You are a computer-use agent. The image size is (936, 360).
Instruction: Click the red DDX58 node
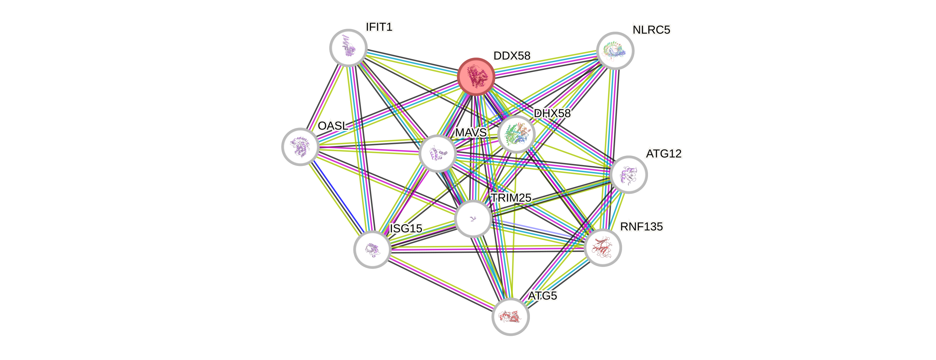click(475, 77)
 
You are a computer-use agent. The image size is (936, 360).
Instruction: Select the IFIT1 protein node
click(348, 48)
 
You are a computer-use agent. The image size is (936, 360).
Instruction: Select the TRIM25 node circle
click(473, 219)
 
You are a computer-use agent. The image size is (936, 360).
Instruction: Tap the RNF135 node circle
click(602, 248)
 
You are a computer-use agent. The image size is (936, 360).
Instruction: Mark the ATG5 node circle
click(511, 317)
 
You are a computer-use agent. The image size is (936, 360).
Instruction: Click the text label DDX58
click(511, 56)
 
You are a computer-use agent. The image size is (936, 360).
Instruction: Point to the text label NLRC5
click(651, 30)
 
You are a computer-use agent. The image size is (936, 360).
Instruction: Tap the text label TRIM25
click(511, 198)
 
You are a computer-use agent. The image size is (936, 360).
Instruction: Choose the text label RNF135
click(641, 227)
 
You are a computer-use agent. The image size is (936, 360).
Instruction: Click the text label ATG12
click(664, 154)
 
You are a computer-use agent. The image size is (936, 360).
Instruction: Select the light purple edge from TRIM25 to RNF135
click(538, 229)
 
